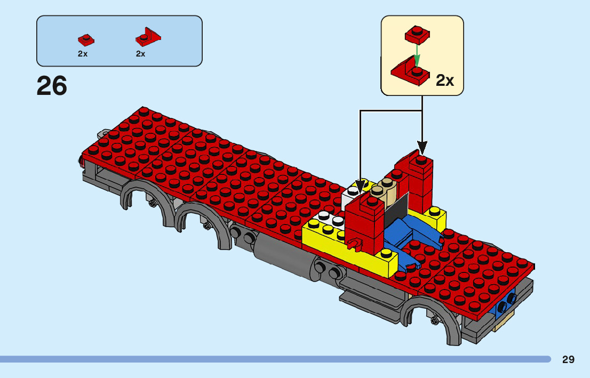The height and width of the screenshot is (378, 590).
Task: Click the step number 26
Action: point(52,86)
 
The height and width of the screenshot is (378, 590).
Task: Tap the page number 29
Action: point(568,360)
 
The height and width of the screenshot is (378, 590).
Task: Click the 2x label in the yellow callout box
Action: point(445,81)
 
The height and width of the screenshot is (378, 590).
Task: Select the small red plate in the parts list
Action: point(85,39)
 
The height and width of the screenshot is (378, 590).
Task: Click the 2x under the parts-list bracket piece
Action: point(141,54)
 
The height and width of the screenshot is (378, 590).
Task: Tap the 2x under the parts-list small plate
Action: point(83,54)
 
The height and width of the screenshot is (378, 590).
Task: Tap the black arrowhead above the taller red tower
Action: point(422,146)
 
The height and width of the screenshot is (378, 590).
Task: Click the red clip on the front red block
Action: point(353,244)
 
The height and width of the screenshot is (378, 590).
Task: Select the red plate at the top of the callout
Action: point(417,34)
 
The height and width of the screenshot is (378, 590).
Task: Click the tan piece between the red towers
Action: point(387,193)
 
